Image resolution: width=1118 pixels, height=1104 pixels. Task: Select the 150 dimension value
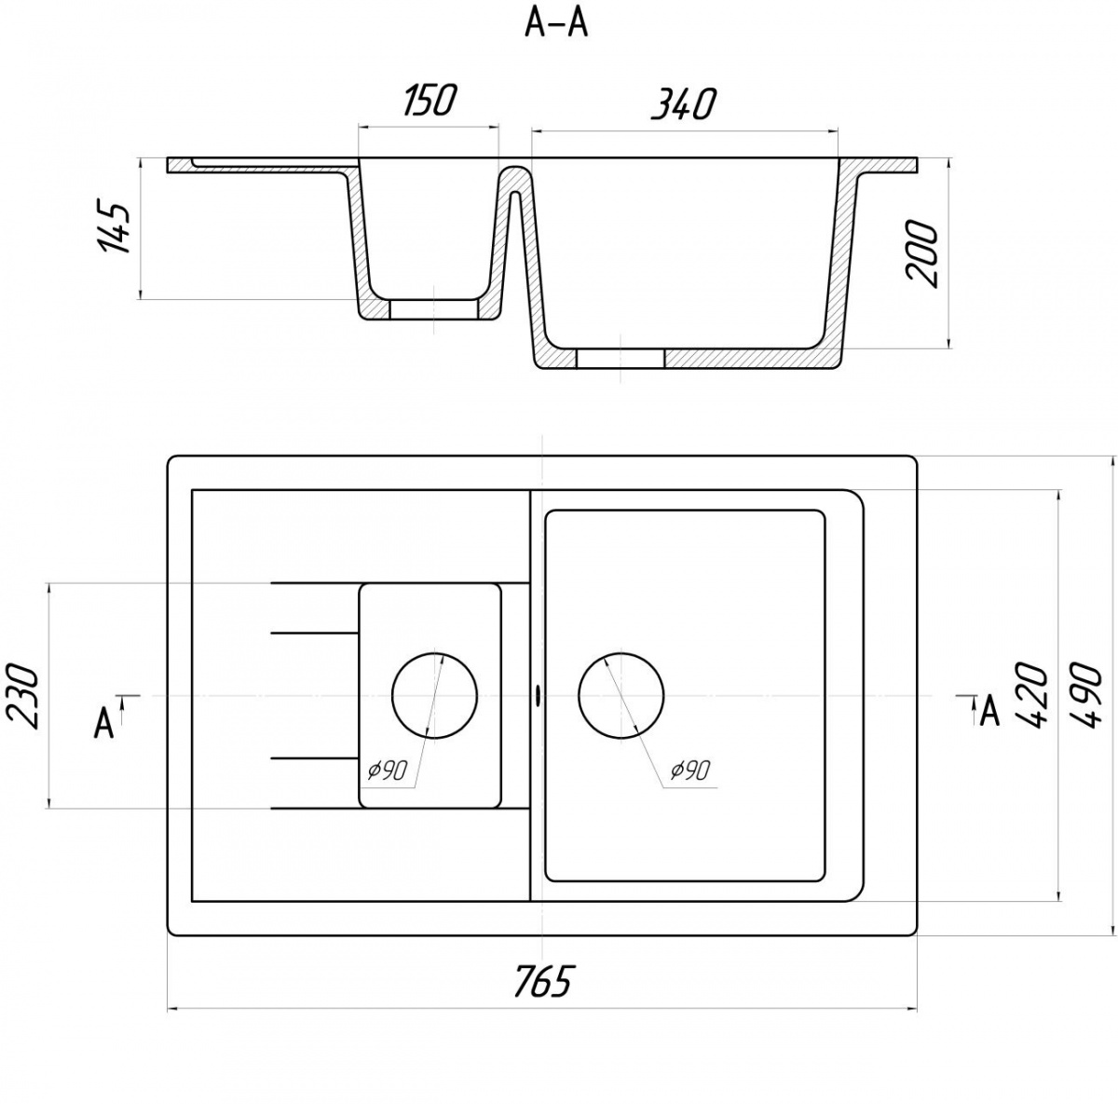pos(428,101)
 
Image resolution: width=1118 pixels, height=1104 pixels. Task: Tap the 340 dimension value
pos(684,104)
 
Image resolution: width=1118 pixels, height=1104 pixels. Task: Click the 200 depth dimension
pos(921,253)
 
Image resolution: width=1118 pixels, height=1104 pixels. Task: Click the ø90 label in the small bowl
pos(388,770)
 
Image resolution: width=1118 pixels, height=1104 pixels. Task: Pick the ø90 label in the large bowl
pos(689,770)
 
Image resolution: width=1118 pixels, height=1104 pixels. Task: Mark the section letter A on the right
pos(989,711)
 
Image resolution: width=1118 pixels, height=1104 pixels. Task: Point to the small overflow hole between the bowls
pos(538,695)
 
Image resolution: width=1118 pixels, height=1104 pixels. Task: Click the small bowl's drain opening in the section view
pos(434,309)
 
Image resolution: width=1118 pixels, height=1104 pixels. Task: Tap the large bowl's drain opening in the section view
pos(620,358)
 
